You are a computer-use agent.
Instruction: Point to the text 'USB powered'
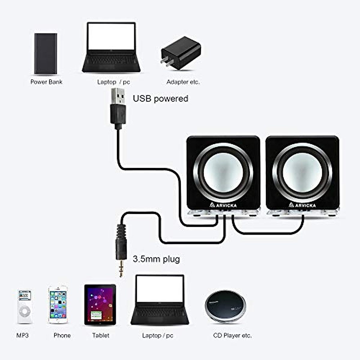pos(160,98)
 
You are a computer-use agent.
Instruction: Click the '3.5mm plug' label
pos(156,259)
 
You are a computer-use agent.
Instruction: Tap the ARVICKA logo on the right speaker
pos(302,205)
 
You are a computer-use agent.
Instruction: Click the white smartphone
pos(58,304)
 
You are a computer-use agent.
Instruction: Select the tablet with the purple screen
pos(100,304)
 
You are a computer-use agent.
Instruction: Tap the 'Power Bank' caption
pos(46,82)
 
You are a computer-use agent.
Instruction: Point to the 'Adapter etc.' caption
pos(183,82)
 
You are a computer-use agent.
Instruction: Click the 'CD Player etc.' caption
pos(232,335)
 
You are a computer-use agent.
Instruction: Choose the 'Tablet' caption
pos(100,335)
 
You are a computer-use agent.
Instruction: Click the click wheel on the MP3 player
pos(24,312)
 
